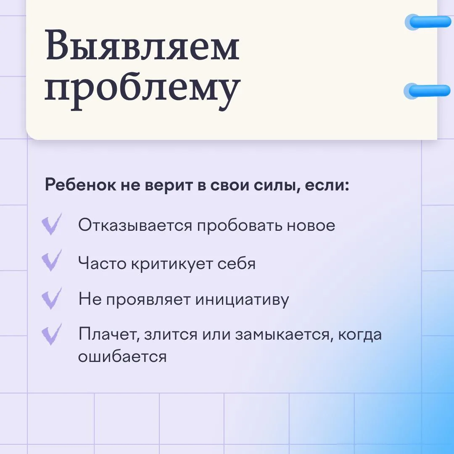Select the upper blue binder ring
[428, 22]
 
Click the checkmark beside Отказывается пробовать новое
[52, 224]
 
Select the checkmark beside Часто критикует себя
[52, 260]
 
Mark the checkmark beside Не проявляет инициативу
[52, 298]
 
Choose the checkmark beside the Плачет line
[52, 334]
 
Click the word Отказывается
[135, 225]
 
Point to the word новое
[311, 226]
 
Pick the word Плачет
[109, 335]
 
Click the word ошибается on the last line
[122, 356]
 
